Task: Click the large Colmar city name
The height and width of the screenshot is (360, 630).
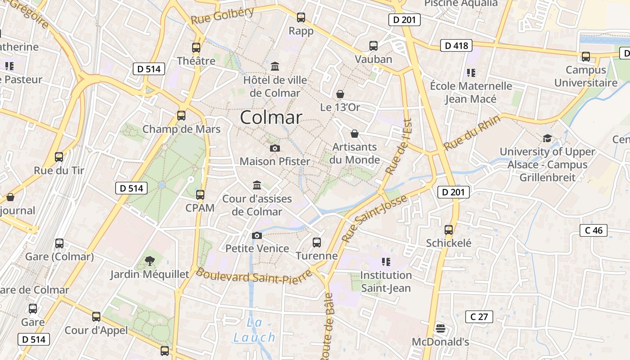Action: (x=271, y=117)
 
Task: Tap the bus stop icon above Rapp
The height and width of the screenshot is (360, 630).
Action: (x=301, y=18)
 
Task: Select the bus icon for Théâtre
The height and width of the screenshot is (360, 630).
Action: (x=196, y=48)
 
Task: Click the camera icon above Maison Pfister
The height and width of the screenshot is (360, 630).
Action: (x=274, y=148)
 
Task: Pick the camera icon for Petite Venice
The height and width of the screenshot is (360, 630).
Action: (x=257, y=235)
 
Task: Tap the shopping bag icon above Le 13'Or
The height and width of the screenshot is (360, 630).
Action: (x=340, y=94)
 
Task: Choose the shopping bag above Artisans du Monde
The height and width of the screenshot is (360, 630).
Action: (x=355, y=134)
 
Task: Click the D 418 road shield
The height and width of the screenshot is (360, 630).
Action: (x=457, y=45)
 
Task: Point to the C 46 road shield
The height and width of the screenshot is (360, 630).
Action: (x=594, y=230)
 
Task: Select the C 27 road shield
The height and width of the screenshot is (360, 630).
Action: (x=479, y=317)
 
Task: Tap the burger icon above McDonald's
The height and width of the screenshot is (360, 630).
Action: (x=441, y=328)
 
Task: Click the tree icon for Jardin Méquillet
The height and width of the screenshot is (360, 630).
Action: (x=150, y=261)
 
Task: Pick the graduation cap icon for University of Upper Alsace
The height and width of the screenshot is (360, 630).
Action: (x=547, y=138)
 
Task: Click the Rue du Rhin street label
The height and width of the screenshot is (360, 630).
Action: (x=472, y=133)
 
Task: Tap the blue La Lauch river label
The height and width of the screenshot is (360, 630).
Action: (x=254, y=330)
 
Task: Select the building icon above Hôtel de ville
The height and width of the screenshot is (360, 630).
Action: (x=275, y=67)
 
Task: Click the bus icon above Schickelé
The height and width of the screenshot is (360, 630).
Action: (x=449, y=230)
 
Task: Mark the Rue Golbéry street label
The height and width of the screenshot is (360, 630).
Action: (x=222, y=17)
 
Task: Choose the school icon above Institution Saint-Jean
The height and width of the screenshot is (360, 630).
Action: (x=386, y=261)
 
